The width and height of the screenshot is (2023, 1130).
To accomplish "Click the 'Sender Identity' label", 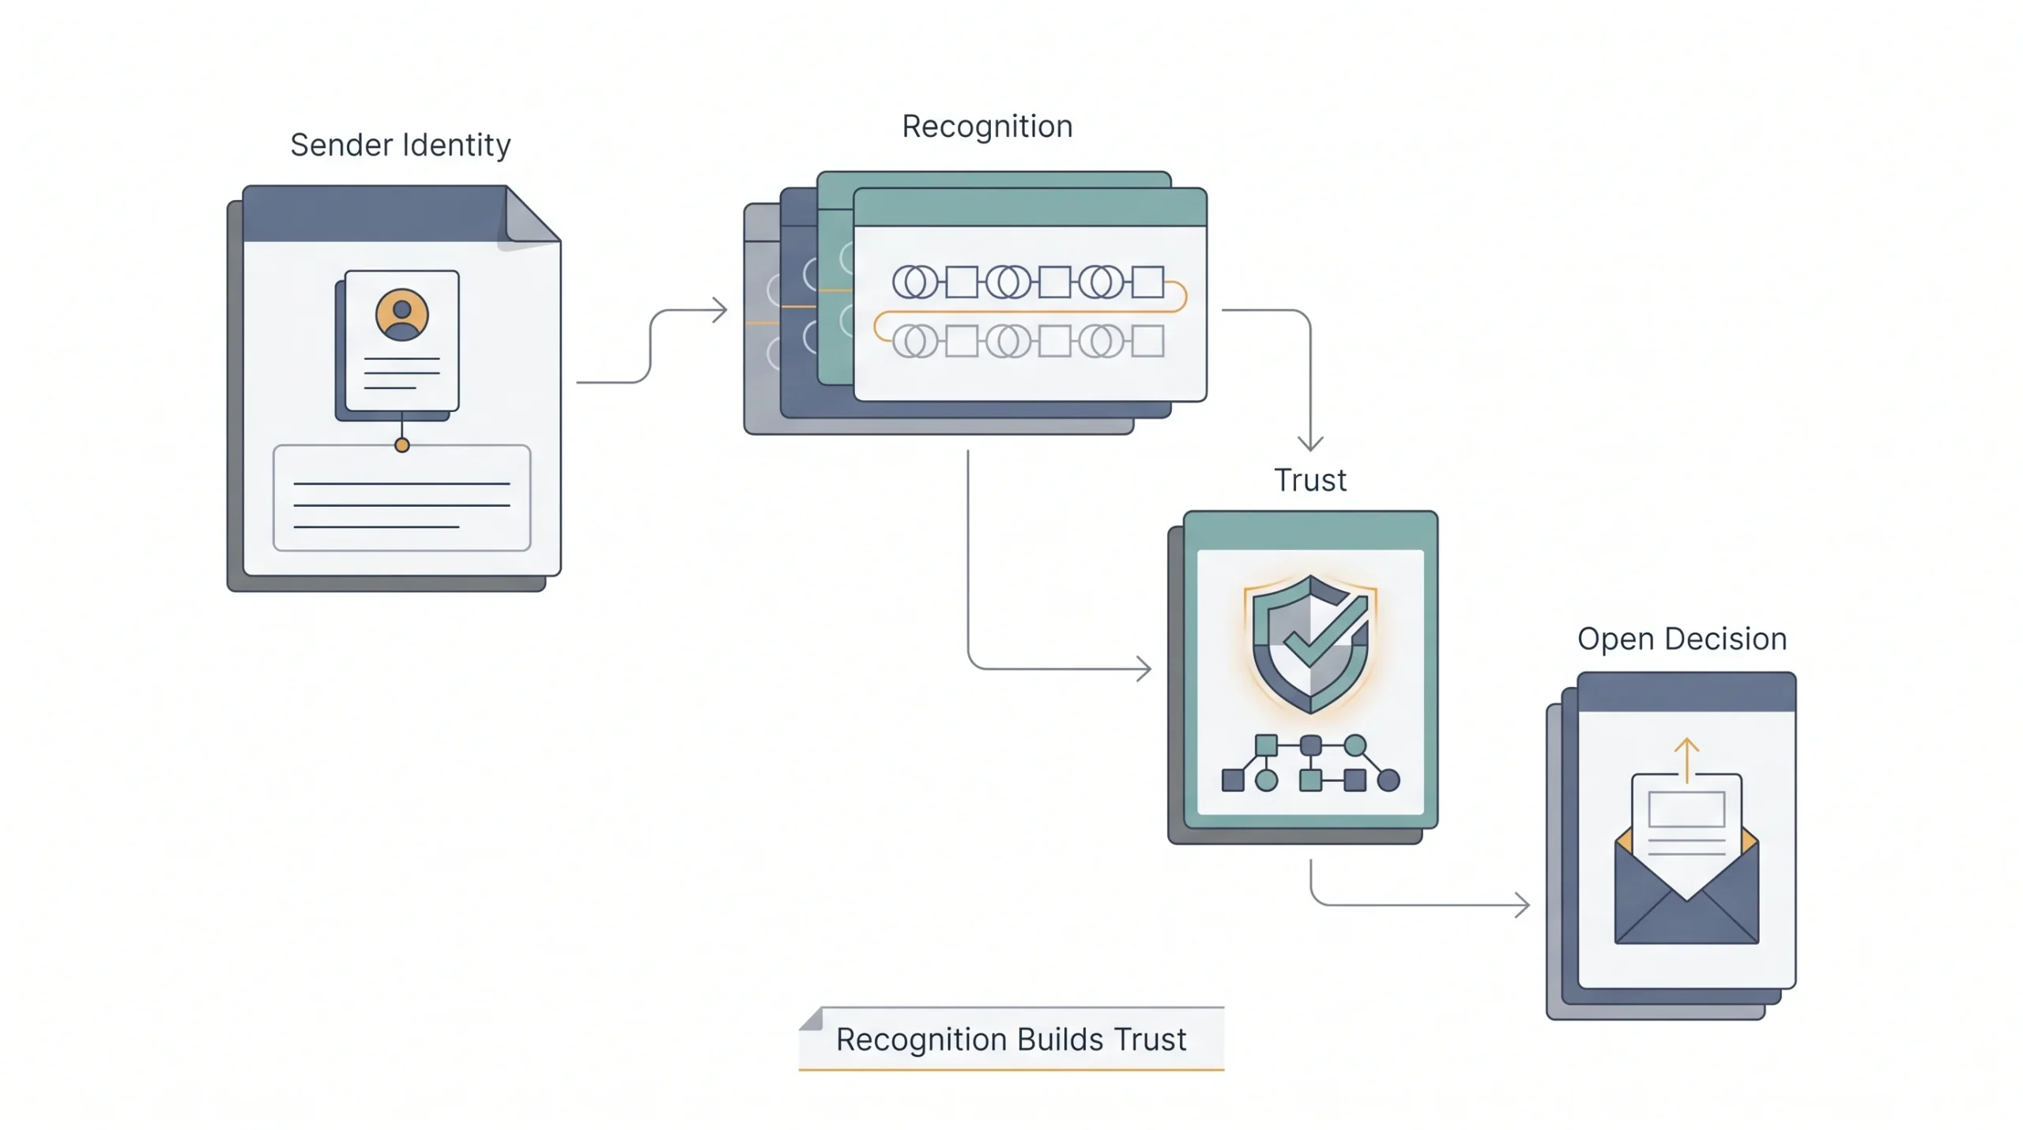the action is click(400, 146).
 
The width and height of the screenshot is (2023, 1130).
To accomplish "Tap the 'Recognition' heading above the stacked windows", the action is click(987, 127).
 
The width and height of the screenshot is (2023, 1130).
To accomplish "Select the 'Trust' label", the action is click(1309, 480).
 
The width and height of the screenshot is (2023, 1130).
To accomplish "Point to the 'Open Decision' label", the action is click(1682, 639).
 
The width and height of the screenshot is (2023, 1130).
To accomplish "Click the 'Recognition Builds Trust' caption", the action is click(1011, 1039).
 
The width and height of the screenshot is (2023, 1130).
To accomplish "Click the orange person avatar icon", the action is click(401, 315).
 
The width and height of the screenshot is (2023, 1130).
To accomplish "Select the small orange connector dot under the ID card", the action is click(401, 445).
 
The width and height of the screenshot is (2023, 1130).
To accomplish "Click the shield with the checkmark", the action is click(1310, 644).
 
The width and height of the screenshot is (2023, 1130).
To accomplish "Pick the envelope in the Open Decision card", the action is click(1686, 886).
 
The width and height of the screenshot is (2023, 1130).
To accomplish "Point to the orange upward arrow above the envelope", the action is click(1686, 760).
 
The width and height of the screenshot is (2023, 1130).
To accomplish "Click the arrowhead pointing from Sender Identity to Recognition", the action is click(719, 310).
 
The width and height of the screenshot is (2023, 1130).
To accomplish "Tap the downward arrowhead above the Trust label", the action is click(1310, 442).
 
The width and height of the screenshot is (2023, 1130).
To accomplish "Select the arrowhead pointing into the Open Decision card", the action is click(1522, 905).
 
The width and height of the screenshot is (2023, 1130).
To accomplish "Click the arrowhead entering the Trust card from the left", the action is click(1143, 669).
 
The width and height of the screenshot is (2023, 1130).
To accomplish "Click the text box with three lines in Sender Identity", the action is click(401, 497).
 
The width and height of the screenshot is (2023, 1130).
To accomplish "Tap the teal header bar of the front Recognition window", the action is click(1030, 208).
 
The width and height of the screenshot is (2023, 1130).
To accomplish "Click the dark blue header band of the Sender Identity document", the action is click(375, 214).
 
